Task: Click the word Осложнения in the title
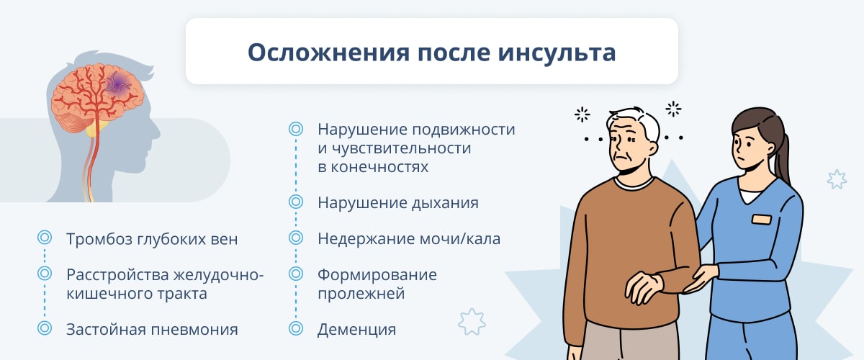[x=328, y=52]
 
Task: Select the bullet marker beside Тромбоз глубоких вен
[x=45, y=238]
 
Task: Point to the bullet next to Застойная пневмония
[x=45, y=328]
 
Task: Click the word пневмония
[x=194, y=330]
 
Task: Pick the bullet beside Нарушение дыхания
[x=296, y=202]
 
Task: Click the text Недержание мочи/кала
[x=409, y=239]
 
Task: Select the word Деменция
[x=357, y=330]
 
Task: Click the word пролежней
[x=361, y=294]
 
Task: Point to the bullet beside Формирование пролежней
[x=296, y=274]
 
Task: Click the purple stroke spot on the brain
[x=120, y=82]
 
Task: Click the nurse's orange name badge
[x=762, y=220]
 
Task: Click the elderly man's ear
[x=652, y=148]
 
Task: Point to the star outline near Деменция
[x=472, y=321]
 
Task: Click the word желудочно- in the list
[x=218, y=276]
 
